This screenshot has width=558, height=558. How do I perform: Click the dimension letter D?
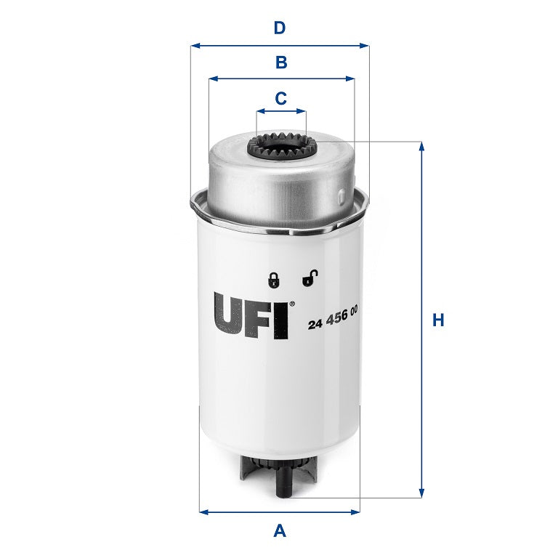pos(280,28)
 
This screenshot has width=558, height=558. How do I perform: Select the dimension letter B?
pos(281,62)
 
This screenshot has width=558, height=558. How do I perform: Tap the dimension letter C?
pos(281,97)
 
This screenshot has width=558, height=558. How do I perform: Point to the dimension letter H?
pos(438,320)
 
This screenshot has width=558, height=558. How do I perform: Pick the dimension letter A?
pos(280,531)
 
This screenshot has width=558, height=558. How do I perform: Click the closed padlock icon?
pos(274,279)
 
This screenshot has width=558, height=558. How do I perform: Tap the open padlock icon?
pos(310,278)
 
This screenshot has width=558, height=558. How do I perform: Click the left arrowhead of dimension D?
pos(194,45)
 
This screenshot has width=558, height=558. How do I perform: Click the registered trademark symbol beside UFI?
pos(292,304)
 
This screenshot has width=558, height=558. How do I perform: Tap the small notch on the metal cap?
pos(342,195)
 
